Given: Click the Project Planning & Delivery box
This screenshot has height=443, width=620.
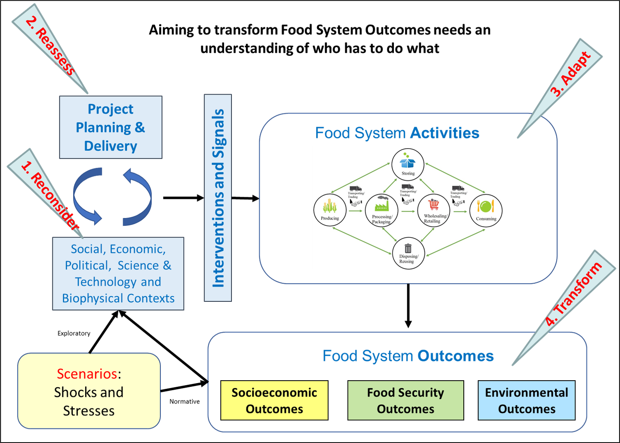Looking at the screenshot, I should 111,127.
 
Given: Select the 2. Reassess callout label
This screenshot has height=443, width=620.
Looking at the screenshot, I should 50,45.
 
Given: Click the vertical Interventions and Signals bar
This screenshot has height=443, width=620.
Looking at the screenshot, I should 218,198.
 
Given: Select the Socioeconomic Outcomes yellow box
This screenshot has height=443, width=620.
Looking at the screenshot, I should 274,400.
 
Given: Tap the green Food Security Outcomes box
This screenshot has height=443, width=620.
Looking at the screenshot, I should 405,400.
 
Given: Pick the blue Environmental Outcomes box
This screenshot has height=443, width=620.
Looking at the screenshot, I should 526,400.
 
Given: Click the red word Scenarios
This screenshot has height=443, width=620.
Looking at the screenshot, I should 87,374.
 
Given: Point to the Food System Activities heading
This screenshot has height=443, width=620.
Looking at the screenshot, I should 397,133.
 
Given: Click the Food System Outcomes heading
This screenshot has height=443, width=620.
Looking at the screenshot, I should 408,356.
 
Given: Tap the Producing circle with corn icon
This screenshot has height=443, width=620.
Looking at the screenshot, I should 329,210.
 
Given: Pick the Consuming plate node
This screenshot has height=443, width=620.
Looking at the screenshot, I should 486,210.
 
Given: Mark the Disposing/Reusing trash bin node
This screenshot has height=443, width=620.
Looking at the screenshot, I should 408,253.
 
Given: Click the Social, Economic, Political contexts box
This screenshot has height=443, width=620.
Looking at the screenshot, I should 118,273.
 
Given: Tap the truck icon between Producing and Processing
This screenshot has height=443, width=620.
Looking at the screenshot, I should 355,189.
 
